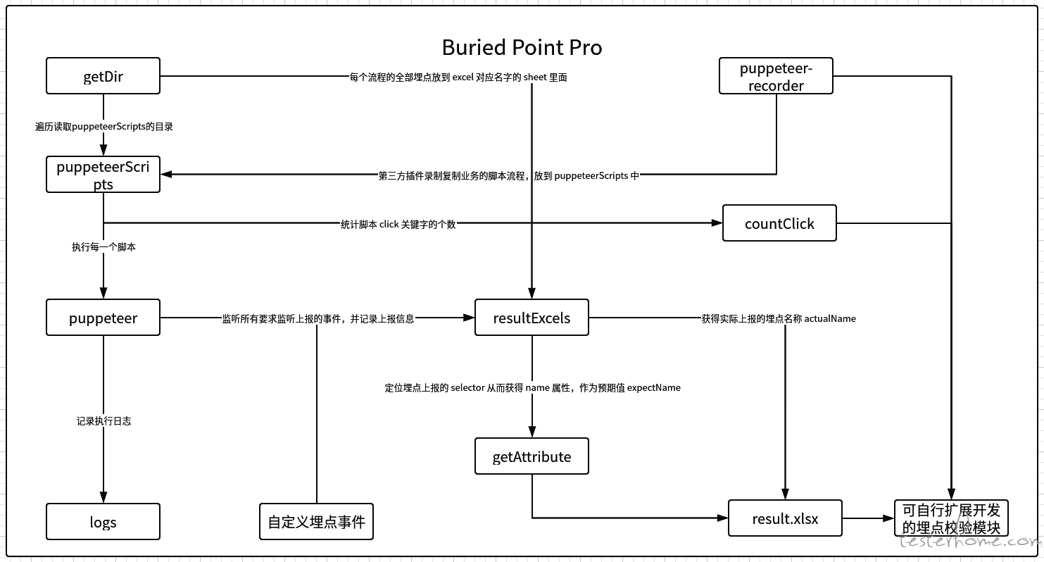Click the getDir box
click(x=103, y=76)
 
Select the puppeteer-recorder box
click(x=776, y=76)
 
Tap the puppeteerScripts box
click(x=103, y=175)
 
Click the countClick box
click(x=779, y=223)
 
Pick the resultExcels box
click(x=532, y=318)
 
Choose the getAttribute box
click(x=532, y=456)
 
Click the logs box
click(x=103, y=521)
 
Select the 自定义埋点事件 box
click(x=317, y=521)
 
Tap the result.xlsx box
click(x=786, y=518)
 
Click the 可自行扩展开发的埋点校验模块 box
click(x=951, y=518)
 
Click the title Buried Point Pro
click(x=522, y=48)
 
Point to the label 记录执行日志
click(x=103, y=421)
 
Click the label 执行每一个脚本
click(x=103, y=246)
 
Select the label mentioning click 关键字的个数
click(x=398, y=225)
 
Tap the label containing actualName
click(x=779, y=318)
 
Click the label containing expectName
click(x=532, y=387)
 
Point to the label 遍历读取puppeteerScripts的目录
click(x=104, y=126)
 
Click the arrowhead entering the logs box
click(x=103, y=497)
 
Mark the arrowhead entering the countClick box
click(x=717, y=223)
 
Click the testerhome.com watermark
click(x=970, y=540)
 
